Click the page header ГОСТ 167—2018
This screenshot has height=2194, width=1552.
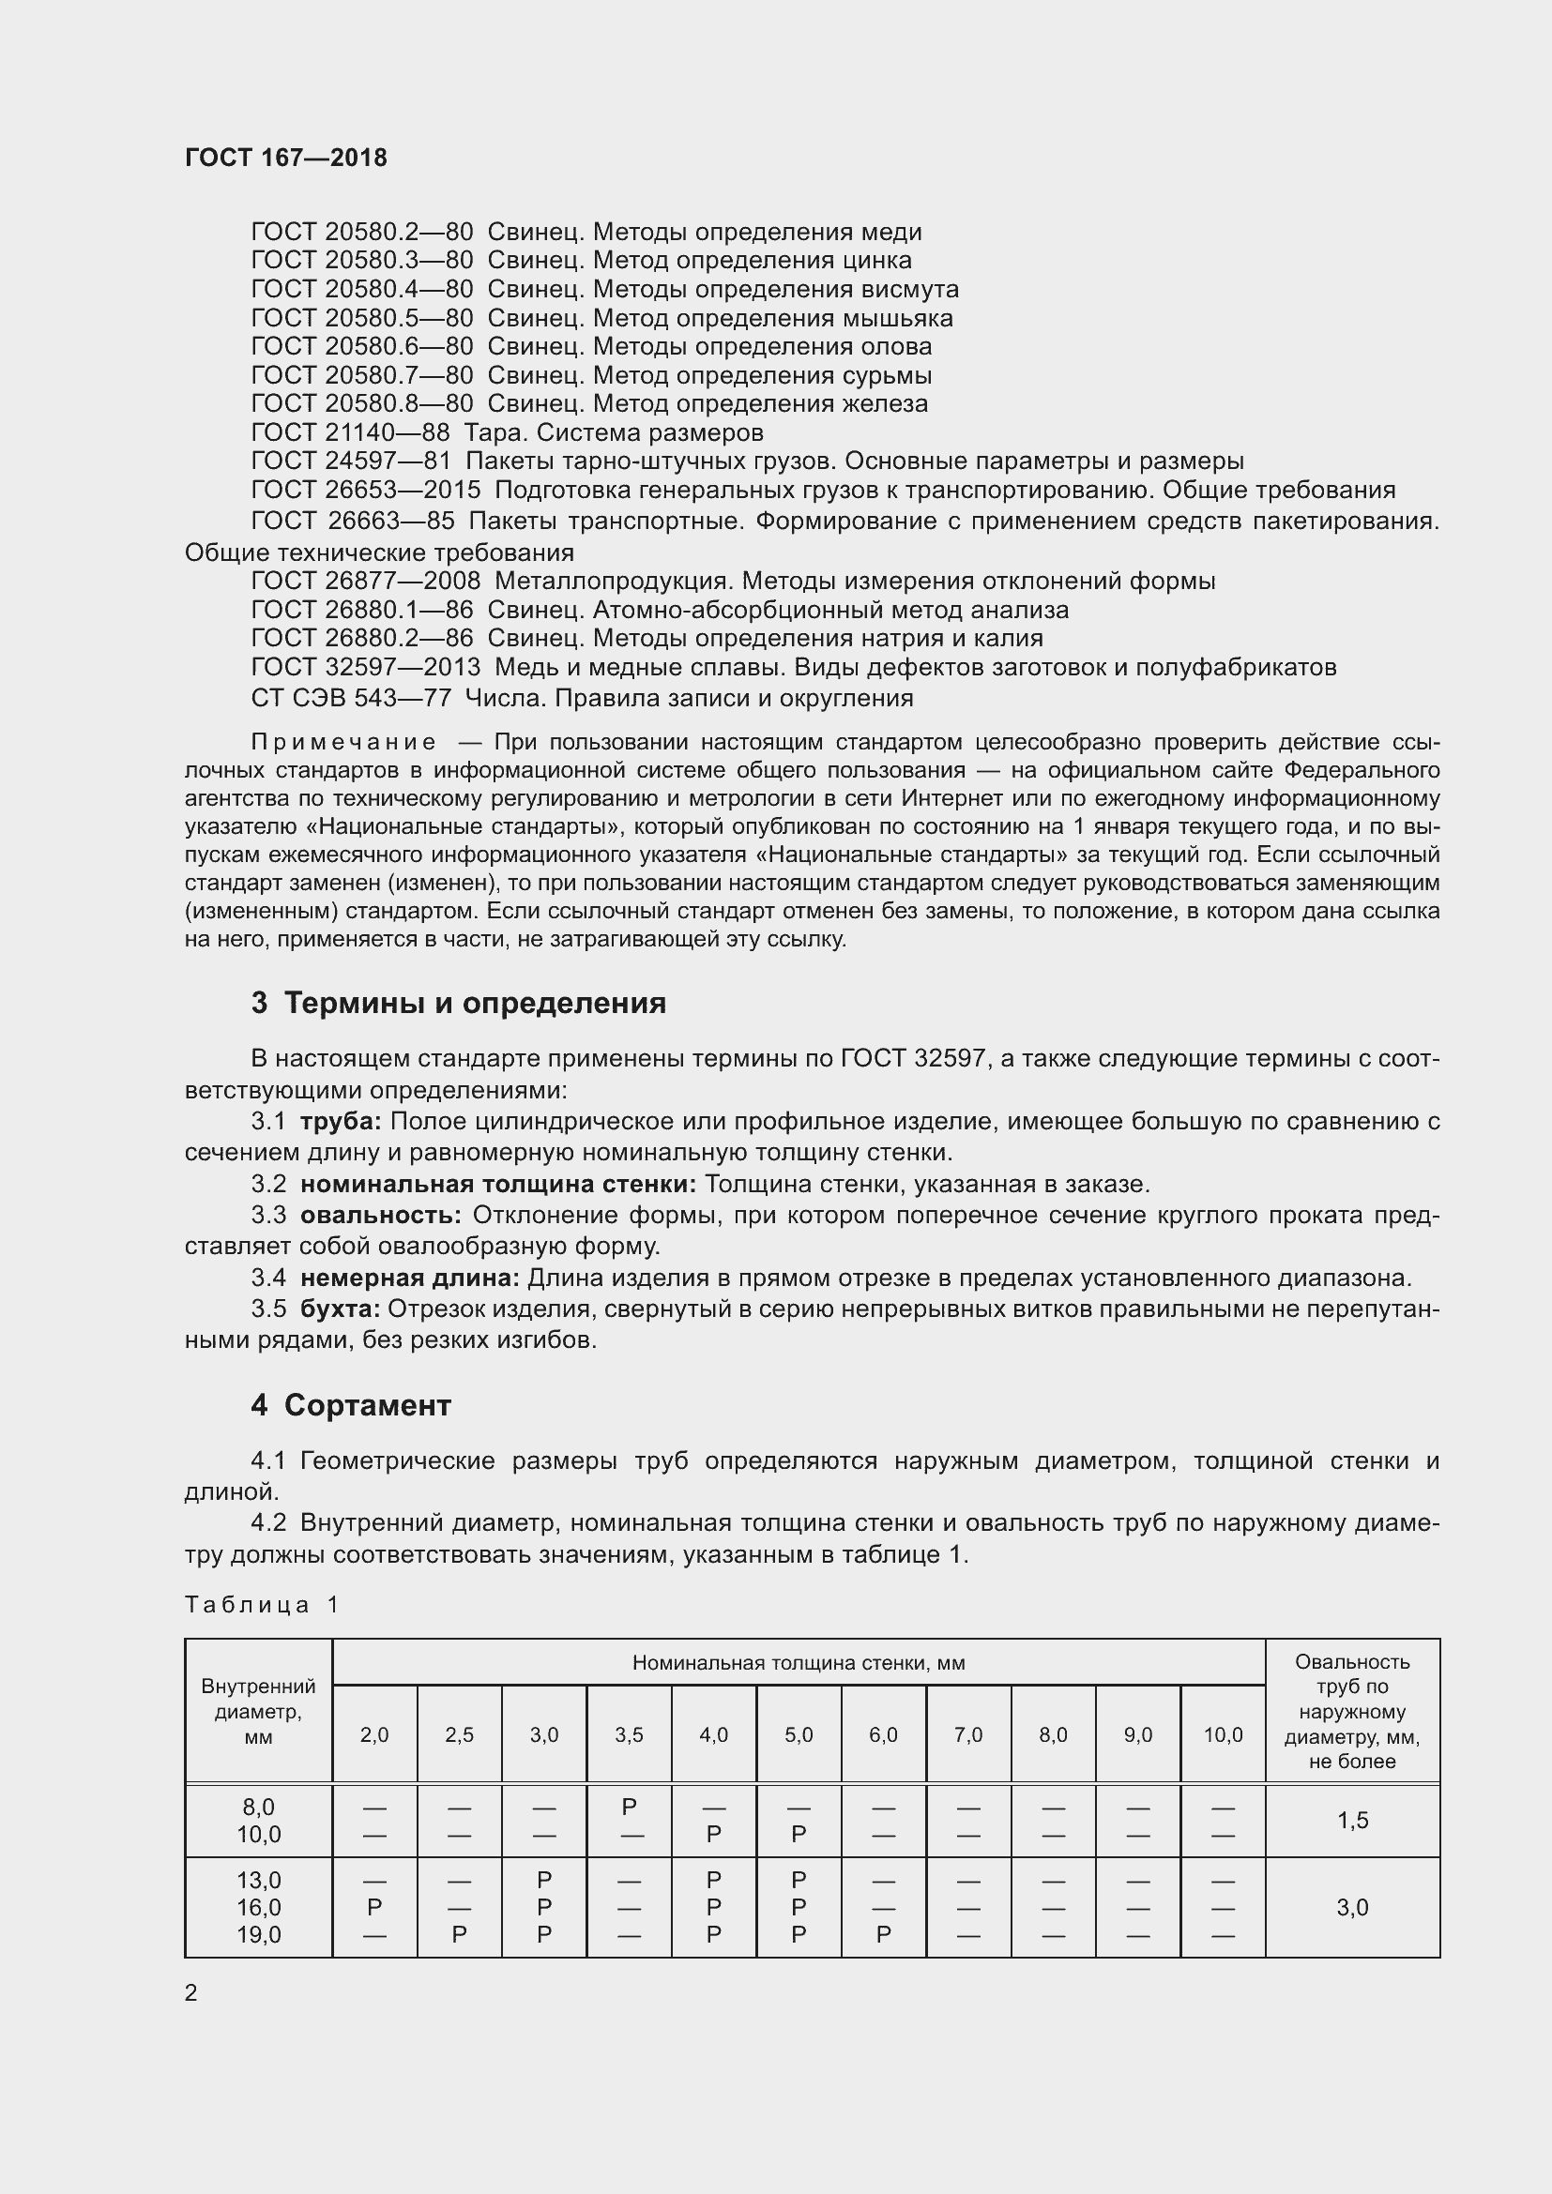(x=286, y=158)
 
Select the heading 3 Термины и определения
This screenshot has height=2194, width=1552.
(x=459, y=1004)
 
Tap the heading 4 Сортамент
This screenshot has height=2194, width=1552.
(x=351, y=1406)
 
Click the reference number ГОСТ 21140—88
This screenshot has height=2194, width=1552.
(x=350, y=432)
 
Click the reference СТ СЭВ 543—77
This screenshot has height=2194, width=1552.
(x=351, y=699)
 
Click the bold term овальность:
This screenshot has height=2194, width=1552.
(x=380, y=1216)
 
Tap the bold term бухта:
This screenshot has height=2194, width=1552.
(x=341, y=1309)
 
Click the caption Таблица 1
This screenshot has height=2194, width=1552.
(x=262, y=1605)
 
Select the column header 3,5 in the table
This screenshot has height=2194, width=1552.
(x=629, y=1734)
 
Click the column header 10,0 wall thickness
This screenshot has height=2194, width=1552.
(x=1223, y=1734)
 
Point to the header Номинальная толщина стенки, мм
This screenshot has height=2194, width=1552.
(x=798, y=1664)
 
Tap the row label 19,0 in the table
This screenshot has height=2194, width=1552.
(x=259, y=1935)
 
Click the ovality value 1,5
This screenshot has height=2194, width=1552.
(x=1352, y=1821)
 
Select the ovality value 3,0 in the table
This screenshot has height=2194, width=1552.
(x=1352, y=1907)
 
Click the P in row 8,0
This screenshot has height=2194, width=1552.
(x=629, y=1807)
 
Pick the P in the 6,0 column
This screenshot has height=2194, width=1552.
(x=883, y=1935)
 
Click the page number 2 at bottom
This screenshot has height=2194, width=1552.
(x=191, y=1993)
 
